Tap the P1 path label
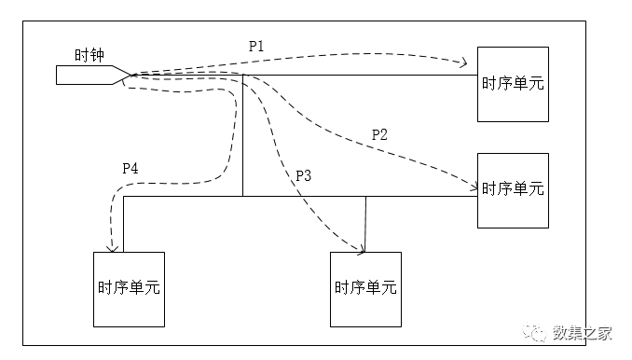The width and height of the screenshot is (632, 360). pos(255,46)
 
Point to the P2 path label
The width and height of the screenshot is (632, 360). pos(379,134)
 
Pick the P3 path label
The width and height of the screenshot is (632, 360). pos(303,175)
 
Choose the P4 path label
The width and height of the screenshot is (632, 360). pos(131,168)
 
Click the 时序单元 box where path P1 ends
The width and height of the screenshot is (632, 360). pos(513,83)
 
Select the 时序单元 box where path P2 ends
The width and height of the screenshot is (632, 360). pos(513,189)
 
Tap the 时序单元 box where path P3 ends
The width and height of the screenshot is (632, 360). pos(365,288)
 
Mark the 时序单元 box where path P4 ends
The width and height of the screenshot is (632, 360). pos(129,288)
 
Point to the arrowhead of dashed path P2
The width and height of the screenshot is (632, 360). pos(472,186)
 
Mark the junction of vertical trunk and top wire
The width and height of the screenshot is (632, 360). pos(242,76)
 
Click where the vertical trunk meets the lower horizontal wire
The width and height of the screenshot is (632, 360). pos(242,197)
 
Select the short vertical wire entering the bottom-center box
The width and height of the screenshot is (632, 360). pos(365,224)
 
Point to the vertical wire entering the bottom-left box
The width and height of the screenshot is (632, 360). pos(123,224)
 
